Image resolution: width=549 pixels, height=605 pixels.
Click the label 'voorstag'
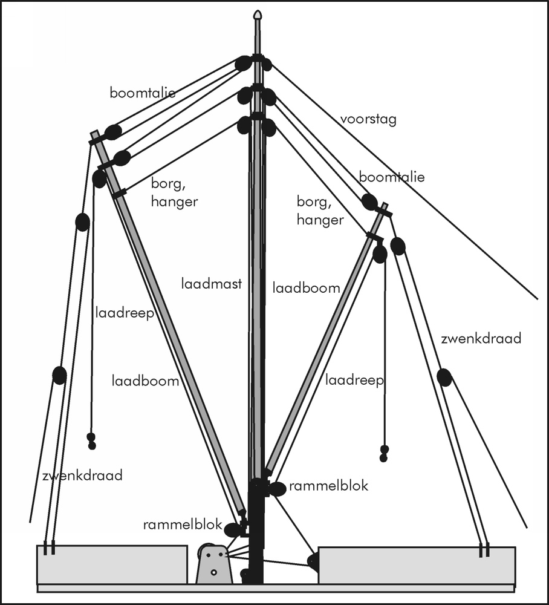click(368, 119)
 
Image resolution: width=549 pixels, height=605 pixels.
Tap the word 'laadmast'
click(212, 283)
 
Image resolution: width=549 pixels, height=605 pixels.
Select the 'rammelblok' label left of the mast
click(183, 525)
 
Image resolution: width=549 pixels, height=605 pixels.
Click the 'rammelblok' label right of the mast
click(328, 486)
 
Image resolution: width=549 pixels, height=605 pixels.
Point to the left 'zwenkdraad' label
click(82, 476)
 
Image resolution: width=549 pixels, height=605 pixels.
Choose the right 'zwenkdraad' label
click(481, 339)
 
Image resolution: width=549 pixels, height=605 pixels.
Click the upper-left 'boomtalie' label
click(143, 93)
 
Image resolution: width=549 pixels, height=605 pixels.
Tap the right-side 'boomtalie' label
click(392, 177)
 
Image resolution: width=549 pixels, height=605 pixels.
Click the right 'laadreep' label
click(355, 381)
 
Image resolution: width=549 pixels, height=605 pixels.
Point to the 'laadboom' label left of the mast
click(145, 381)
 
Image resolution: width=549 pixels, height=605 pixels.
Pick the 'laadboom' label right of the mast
click(306, 288)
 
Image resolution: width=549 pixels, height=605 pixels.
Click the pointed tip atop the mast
click(258, 15)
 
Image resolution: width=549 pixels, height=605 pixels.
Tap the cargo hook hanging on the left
click(91, 441)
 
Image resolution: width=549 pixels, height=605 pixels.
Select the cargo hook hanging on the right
click(383, 453)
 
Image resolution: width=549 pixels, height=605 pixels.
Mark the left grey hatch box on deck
click(112, 565)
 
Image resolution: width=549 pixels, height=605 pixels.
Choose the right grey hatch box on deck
click(417, 566)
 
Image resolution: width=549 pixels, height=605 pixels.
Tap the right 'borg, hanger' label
click(320, 211)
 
